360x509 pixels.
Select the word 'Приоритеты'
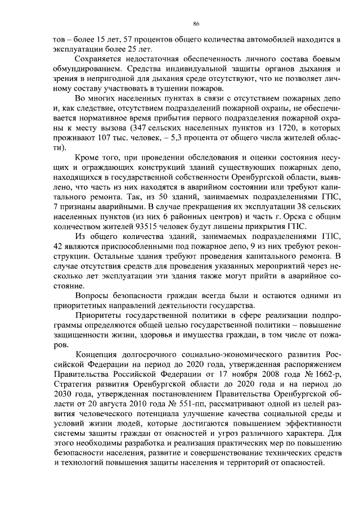click(x=99, y=316)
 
